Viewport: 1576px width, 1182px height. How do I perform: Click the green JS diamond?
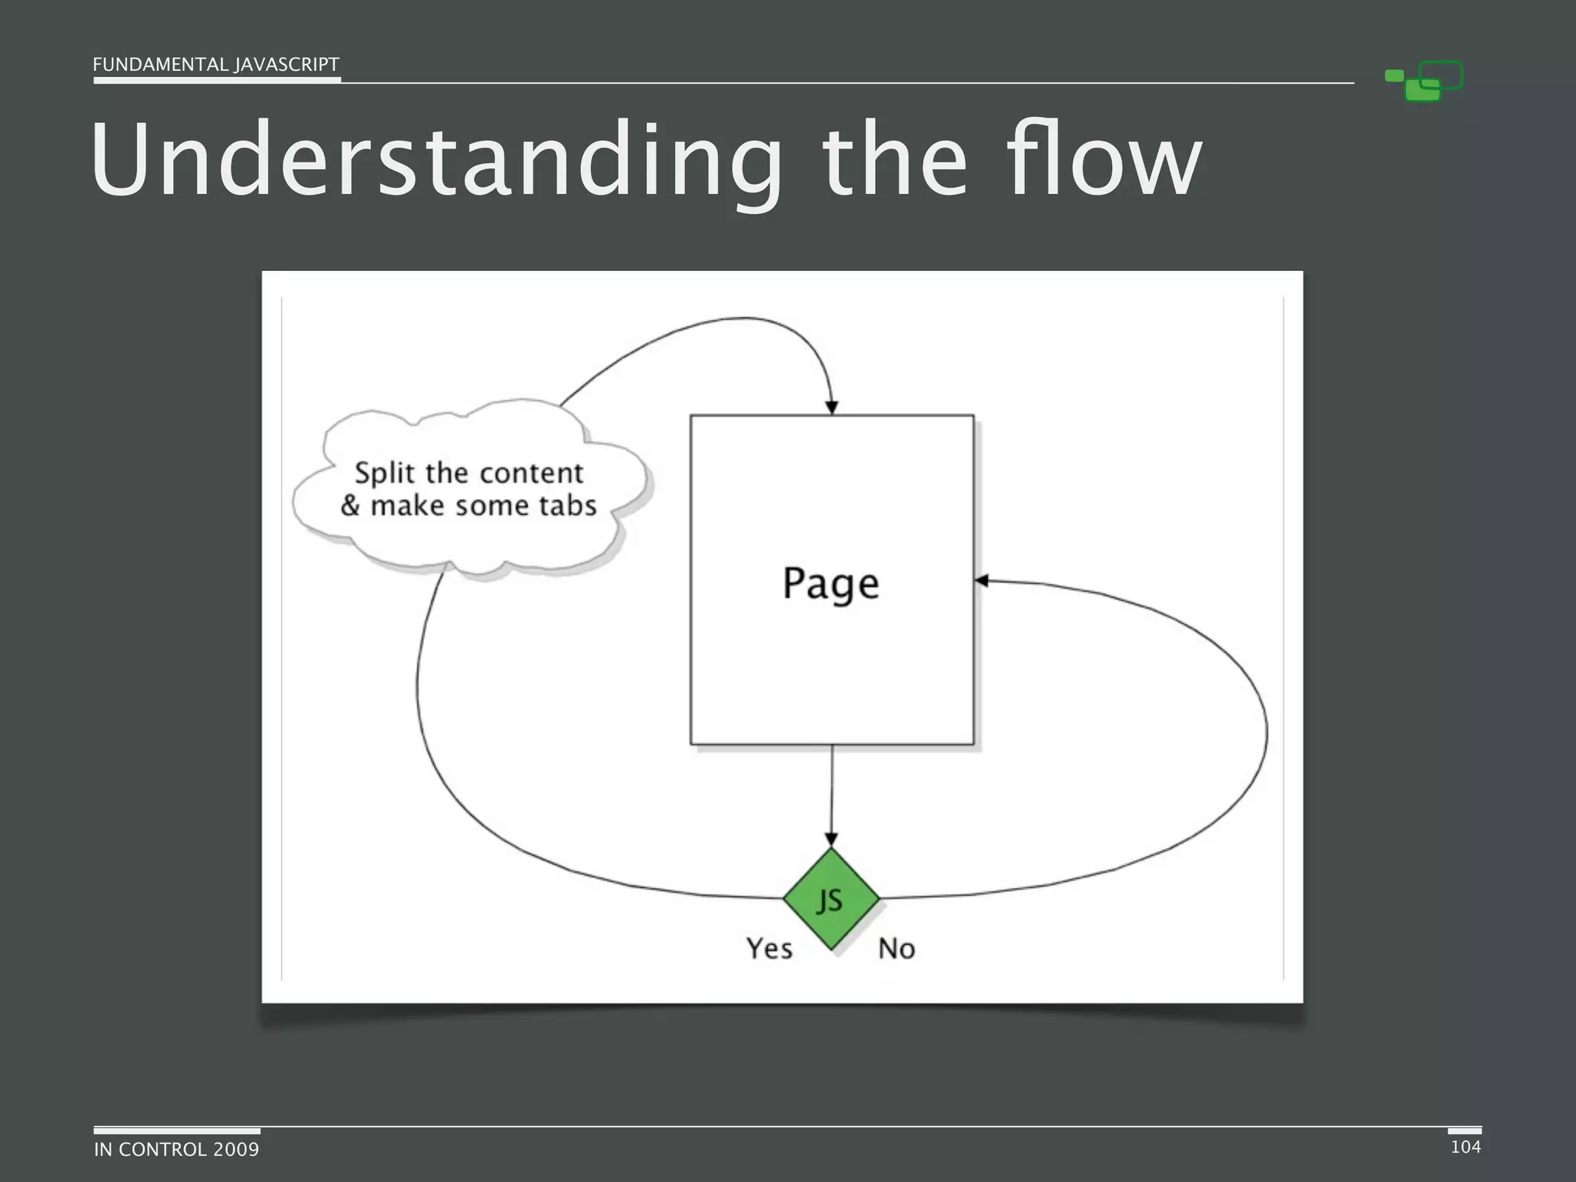coord(831,899)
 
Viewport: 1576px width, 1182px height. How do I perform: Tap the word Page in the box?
coord(831,583)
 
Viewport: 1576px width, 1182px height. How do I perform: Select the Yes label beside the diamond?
coord(769,949)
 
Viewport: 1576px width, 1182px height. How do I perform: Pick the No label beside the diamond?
coord(897,949)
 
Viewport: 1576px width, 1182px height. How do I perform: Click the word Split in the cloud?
coord(385,473)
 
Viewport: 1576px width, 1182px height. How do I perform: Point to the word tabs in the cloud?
coord(568,506)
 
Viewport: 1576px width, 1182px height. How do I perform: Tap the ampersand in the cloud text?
coord(350,506)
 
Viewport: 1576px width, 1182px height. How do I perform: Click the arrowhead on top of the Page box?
coord(831,407)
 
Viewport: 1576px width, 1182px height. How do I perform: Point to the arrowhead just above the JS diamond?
coord(831,839)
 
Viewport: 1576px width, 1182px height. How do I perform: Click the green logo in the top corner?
coord(1424,81)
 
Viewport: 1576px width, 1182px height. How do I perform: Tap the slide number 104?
coord(1465,1147)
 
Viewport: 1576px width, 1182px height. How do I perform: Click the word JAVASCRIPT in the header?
coord(287,65)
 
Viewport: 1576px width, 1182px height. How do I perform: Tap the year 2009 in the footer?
coord(236,1150)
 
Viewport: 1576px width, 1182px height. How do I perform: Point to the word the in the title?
coord(894,162)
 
